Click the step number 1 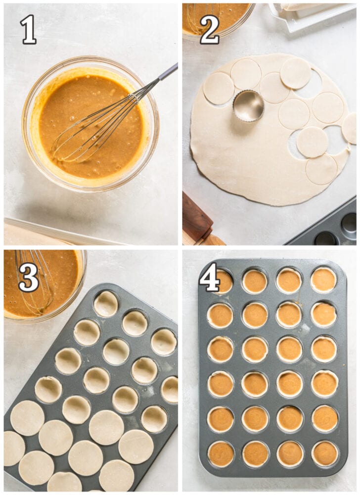(28, 30)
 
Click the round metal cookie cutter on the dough (248, 105)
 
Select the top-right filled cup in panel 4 (324, 280)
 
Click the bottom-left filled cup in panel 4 (221, 453)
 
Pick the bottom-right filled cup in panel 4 (325, 453)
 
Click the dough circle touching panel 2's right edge (350, 128)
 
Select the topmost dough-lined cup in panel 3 (106, 303)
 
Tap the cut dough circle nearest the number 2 (218, 89)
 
